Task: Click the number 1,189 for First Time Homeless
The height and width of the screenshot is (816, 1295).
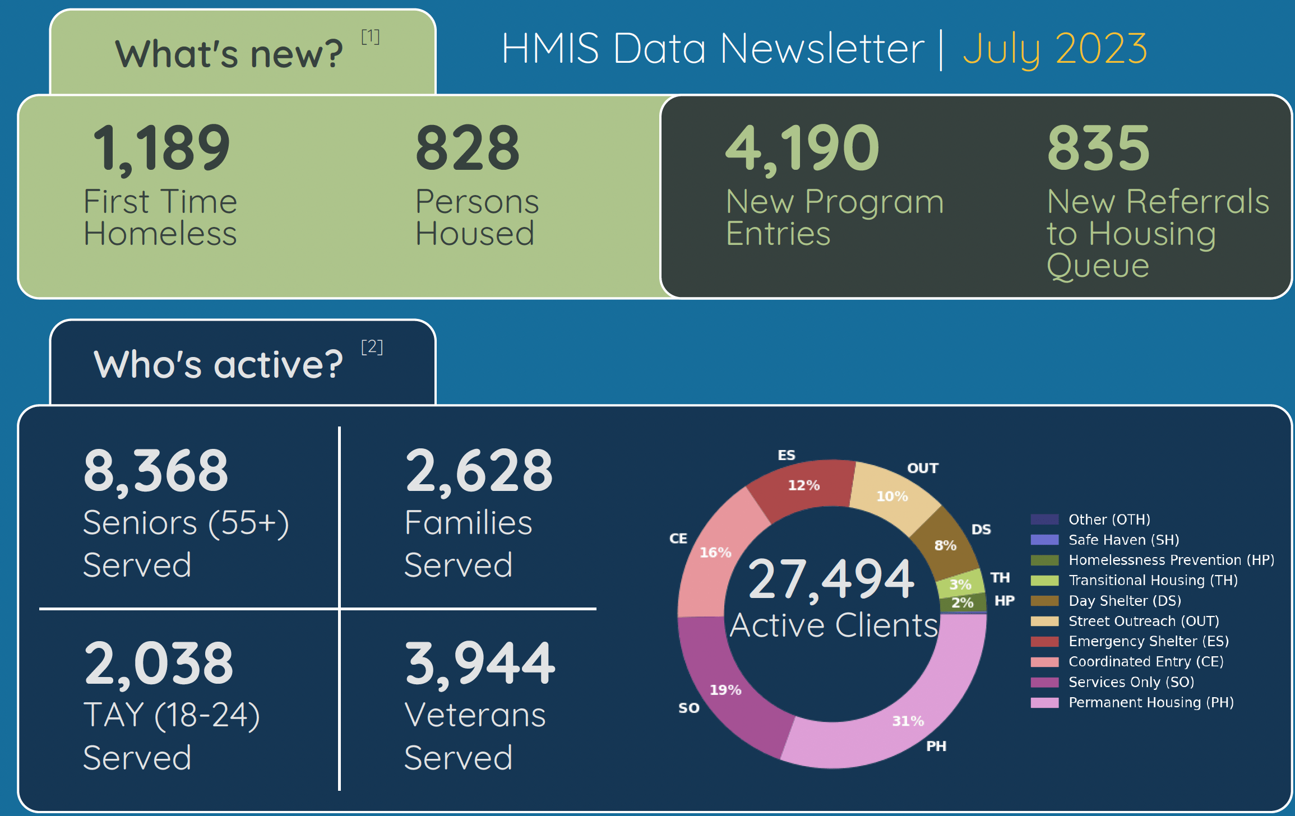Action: tap(161, 148)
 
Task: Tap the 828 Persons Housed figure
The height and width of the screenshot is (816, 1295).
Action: tap(468, 148)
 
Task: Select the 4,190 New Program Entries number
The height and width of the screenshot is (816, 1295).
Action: tap(802, 148)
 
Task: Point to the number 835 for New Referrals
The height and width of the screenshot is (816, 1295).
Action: tap(1099, 148)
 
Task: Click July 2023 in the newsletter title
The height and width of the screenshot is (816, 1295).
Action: tap(1054, 49)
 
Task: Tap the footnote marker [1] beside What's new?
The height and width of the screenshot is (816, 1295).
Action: tap(370, 37)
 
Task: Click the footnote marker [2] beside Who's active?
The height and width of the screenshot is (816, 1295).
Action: tap(372, 347)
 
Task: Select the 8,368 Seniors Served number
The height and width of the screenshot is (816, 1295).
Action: tap(156, 471)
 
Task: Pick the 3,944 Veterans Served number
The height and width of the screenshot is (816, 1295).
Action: tap(479, 664)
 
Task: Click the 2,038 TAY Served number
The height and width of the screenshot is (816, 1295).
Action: tap(159, 664)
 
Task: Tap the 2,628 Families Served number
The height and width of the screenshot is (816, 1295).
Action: tap(479, 471)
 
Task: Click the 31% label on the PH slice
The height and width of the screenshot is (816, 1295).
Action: tap(908, 721)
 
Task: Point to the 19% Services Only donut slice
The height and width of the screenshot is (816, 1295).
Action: tap(725, 690)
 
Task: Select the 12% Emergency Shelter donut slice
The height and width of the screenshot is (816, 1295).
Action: tap(803, 485)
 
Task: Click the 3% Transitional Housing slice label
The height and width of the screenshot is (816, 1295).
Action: tap(960, 585)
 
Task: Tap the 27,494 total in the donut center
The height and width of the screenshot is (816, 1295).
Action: tap(831, 579)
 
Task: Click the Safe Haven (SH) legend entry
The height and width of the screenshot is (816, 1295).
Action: tap(1123, 540)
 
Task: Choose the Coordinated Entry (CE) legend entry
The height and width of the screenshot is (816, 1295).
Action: tap(1145, 661)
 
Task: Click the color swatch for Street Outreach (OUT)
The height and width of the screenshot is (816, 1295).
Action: tap(1044, 621)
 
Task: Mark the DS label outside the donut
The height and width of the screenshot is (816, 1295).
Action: tap(981, 529)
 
